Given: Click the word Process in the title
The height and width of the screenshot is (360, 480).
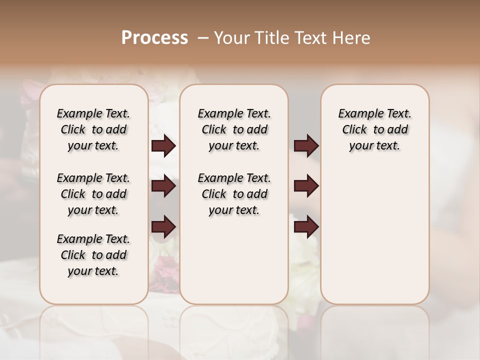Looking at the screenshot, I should tap(154, 38).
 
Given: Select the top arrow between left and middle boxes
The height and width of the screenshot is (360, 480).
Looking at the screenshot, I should tap(163, 146).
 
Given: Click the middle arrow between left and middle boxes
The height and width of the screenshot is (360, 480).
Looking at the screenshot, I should tap(163, 186).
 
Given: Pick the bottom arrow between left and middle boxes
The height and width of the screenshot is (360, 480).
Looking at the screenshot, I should tap(163, 227).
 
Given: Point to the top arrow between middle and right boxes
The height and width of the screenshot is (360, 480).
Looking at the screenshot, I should tap(306, 146).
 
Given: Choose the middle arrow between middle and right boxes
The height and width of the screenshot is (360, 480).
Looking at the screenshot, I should tap(306, 186).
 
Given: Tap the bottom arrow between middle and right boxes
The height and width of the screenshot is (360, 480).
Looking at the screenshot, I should tap(306, 227).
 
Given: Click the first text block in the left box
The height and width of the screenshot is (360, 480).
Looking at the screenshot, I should tap(93, 129).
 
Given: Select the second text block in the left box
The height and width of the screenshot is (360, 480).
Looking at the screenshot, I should tap(93, 194).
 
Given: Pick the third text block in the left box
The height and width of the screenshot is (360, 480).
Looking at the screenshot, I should tap(93, 255).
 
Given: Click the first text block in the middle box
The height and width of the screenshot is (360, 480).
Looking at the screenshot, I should tap(234, 129).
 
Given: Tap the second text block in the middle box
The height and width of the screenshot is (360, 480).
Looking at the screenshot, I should tap(234, 194).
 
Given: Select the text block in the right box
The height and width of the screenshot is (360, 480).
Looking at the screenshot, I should tap(374, 129).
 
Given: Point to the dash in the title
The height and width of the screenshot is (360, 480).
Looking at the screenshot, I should tap(202, 38).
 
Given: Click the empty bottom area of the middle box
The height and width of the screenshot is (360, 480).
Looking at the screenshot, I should tap(234, 265).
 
